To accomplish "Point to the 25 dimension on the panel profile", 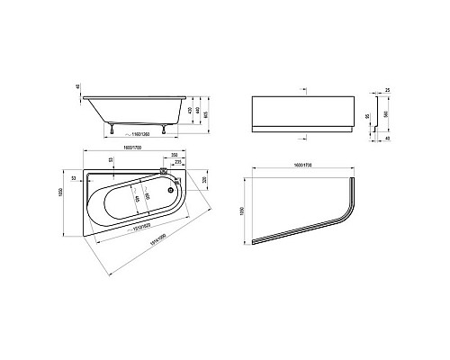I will click(385, 91).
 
